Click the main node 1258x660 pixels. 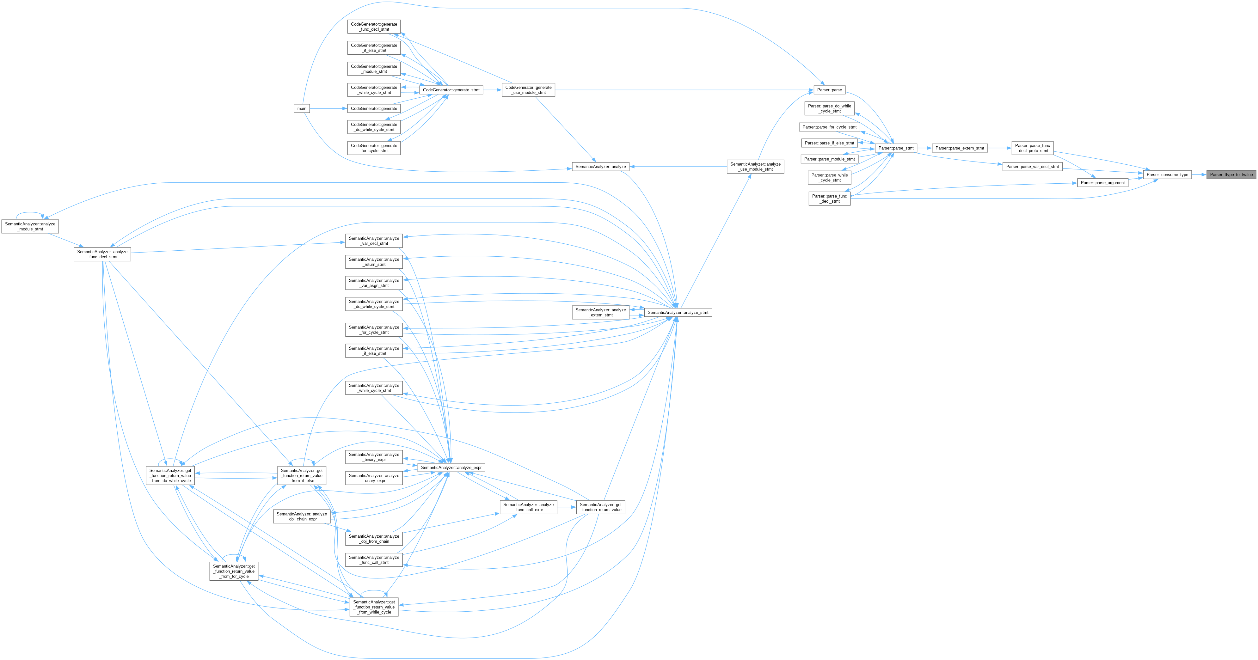pos(302,108)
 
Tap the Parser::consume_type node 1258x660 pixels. pos(1167,174)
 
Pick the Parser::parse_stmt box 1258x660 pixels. pos(896,148)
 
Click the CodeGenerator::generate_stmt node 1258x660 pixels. pos(451,90)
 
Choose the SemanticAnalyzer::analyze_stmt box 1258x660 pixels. pos(678,312)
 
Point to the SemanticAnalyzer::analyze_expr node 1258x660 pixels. pos(451,468)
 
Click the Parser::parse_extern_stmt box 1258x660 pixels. pos(960,148)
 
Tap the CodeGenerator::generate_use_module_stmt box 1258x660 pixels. pos(528,90)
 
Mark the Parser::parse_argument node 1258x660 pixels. pos(1103,183)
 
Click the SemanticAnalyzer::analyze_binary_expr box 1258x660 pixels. pos(374,457)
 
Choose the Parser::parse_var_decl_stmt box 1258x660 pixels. pos(1032,167)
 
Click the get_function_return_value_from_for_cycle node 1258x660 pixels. pos(234,571)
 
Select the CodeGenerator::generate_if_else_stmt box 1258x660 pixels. pos(374,48)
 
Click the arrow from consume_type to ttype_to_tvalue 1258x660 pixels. pos(1199,174)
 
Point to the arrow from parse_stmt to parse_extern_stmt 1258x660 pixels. pos(924,148)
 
